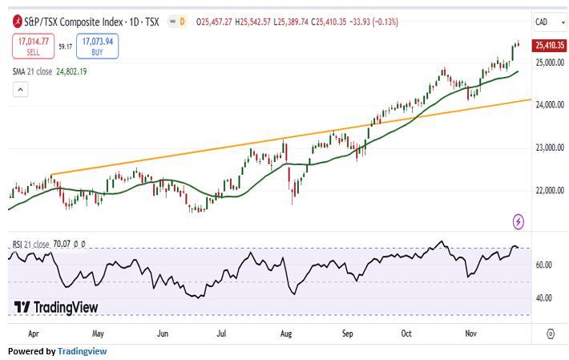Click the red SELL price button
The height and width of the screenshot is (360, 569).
click(33, 47)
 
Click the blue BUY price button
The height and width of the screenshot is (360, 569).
click(97, 47)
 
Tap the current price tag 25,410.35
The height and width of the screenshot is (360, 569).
click(550, 46)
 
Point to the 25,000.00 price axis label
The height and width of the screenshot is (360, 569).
click(550, 63)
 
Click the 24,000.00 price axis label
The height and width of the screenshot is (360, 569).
click(550, 105)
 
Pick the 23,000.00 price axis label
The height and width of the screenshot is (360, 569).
click(550, 148)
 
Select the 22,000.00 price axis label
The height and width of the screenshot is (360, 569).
click(550, 191)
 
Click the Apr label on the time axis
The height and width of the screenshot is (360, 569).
click(33, 332)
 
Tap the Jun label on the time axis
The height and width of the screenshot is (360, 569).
click(162, 332)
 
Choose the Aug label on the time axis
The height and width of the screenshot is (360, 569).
click(286, 332)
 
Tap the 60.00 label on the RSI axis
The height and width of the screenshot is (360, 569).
click(543, 265)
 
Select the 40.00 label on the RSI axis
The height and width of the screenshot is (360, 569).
click(543, 298)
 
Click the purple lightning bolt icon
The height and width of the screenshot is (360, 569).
click(519, 221)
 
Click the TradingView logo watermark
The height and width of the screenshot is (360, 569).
click(56, 308)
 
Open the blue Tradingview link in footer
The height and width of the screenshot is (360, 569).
click(82, 351)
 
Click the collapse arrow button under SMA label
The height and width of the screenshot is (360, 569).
click(20, 89)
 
